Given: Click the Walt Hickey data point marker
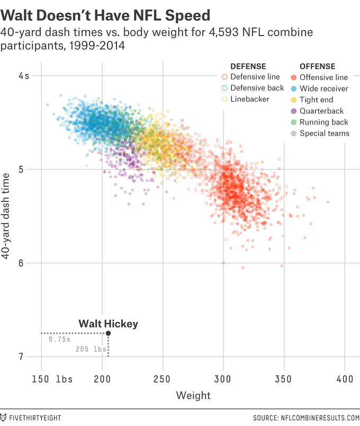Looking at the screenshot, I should (x=109, y=333).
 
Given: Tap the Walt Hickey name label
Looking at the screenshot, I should (x=108, y=323).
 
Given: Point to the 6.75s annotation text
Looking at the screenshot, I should (x=59, y=339).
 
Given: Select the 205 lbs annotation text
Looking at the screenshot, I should (x=91, y=349).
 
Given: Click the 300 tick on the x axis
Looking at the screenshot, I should (x=223, y=379).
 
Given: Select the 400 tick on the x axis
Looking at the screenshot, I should (x=345, y=379).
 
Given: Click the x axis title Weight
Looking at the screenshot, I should (x=193, y=395).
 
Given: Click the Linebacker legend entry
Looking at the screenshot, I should (x=250, y=99).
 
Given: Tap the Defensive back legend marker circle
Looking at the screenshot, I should (x=224, y=88).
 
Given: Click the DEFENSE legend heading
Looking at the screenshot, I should (x=248, y=66).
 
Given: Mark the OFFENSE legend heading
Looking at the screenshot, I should (x=317, y=66).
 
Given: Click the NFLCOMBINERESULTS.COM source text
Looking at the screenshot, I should (x=311, y=418).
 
